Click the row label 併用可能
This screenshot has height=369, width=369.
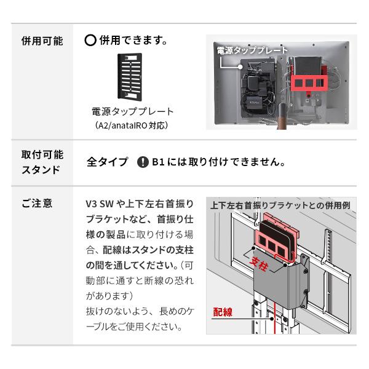point(42,42)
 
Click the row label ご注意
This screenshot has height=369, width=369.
point(37,204)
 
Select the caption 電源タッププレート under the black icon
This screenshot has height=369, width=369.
point(133,112)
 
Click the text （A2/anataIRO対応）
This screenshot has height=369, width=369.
point(132,125)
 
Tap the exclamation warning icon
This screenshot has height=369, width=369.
point(143,162)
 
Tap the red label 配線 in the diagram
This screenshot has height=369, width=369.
point(223,312)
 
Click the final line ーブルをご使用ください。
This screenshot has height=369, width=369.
point(134,327)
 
